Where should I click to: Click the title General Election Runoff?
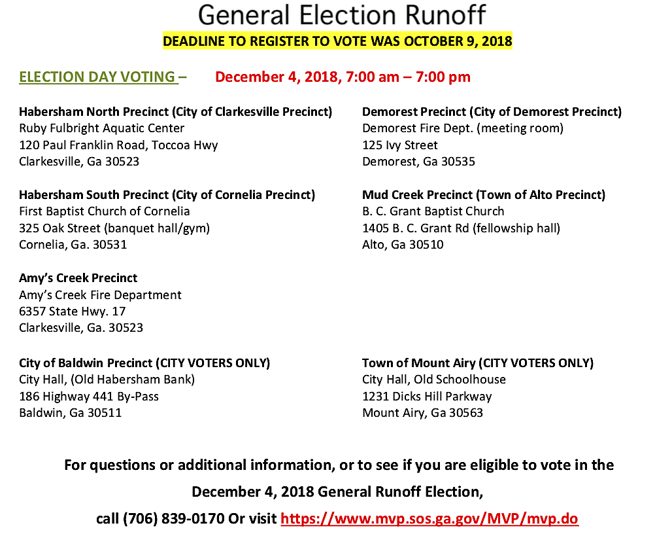click(x=342, y=15)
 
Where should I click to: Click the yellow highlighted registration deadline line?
click(x=337, y=41)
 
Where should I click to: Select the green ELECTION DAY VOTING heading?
click(x=98, y=77)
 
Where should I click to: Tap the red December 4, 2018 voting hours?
click(x=343, y=77)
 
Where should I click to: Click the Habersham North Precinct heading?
click(x=175, y=112)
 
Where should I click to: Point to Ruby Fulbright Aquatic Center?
click(x=101, y=128)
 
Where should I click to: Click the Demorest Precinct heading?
click(x=492, y=112)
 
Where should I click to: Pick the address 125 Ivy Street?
click(x=400, y=145)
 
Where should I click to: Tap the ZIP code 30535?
click(x=458, y=162)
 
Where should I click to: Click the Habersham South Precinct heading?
click(x=167, y=195)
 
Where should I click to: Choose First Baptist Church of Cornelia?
click(x=105, y=211)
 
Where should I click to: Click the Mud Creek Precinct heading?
click(x=484, y=195)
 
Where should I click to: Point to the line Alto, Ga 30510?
click(x=403, y=245)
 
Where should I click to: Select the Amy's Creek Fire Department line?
click(x=100, y=295)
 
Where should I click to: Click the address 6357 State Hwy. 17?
click(x=73, y=312)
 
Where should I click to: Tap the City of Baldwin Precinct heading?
click(x=144, y=363)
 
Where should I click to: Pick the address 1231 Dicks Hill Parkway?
click(x=427, y=396)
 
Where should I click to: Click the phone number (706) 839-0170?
click(x=173, y=519)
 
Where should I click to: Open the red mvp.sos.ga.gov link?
click(x=429, y=519)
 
